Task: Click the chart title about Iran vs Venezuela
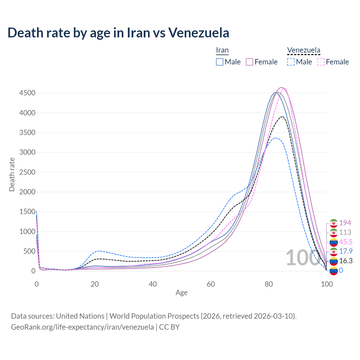(118, 33)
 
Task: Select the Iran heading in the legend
(222, 50)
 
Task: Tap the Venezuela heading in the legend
(303, 50)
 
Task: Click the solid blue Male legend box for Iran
(220, 62)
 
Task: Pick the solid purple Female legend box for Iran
(250, 62)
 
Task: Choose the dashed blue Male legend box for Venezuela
(291, 62)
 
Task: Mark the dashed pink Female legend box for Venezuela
(321, 62)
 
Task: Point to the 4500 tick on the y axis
(27, 93)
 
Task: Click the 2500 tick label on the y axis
(27, 172)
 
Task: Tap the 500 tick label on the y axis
(29, 251)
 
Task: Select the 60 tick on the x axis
(211, 284)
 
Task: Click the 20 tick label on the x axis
(95, 284)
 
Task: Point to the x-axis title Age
(181, 293)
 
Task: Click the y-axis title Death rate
(12, 175)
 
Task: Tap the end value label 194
(345, 223)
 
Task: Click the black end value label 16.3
(346, 261)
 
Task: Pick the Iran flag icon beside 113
(334, 233)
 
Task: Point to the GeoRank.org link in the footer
(82, 327)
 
